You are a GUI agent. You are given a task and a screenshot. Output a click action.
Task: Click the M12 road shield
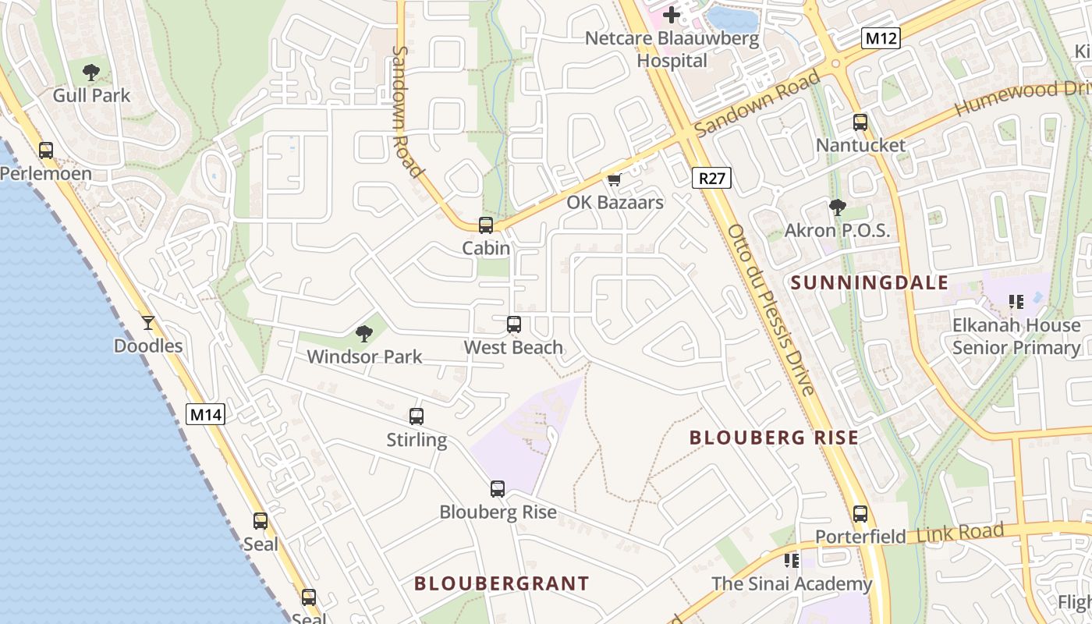881,37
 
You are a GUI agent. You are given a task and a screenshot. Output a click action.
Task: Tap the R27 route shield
711,178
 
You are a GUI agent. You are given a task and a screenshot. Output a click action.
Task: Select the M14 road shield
206,414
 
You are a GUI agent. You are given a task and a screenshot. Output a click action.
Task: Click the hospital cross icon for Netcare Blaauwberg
671,14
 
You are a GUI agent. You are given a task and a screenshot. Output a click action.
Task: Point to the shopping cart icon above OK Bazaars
615,180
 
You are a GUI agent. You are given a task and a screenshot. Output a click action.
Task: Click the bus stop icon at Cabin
486,225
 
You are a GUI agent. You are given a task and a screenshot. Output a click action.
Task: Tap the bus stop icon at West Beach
513,324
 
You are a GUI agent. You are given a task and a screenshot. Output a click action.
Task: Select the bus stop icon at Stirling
417,417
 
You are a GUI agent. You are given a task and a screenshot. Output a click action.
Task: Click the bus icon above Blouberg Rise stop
498,489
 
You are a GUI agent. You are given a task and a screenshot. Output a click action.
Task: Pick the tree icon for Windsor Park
363,334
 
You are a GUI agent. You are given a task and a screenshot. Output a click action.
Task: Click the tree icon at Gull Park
91,73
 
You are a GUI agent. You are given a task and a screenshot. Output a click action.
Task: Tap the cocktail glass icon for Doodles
148,322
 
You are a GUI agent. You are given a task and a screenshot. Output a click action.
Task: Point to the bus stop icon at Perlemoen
46,150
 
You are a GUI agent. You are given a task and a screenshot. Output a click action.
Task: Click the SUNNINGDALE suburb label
870,282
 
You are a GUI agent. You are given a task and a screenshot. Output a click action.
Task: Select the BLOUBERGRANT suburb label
502,583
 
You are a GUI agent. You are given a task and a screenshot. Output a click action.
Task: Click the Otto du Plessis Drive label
771,310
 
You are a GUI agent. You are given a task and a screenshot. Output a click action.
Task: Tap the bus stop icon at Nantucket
860,122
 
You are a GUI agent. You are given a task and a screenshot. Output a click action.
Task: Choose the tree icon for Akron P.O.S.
837,207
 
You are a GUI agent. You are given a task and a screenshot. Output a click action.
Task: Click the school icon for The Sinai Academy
792,560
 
